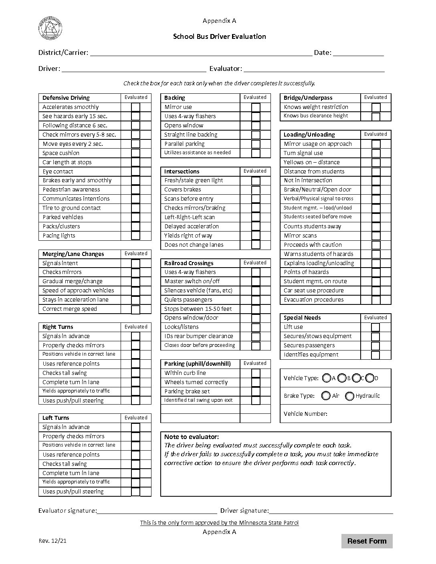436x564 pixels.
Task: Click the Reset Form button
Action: click(x=367, y=541)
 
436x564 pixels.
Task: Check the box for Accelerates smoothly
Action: click(x=135, y=107)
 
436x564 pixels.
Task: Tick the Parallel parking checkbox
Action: click(x=256, y=144)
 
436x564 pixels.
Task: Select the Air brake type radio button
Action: click(x=326, y=396)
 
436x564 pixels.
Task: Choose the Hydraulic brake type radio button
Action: click(x=349, y=396)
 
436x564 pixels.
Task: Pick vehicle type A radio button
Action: click(x=327, y=378)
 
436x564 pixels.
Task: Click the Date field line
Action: click(x=358, y=53)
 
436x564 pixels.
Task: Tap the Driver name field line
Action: click(x=134, y=69)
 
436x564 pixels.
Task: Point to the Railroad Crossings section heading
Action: click(x=189, y=263)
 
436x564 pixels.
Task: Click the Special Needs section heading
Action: click(x=302, y=318)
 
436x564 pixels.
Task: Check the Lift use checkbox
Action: click(x=375, y=327)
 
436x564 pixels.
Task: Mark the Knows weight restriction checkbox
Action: click(x=375, y=107)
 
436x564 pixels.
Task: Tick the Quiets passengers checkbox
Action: click(x=256, y=300)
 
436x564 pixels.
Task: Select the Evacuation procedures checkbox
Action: click(x=375, y=300)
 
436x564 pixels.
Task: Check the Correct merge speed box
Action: click(x=135, y=309)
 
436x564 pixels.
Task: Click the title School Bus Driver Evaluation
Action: click(x=219, y=36)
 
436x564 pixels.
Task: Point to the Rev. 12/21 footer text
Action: click(x=52, y=541)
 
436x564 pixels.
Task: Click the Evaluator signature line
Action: click(x=157, y=511)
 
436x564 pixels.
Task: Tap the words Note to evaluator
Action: click(x=192, y=437)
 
